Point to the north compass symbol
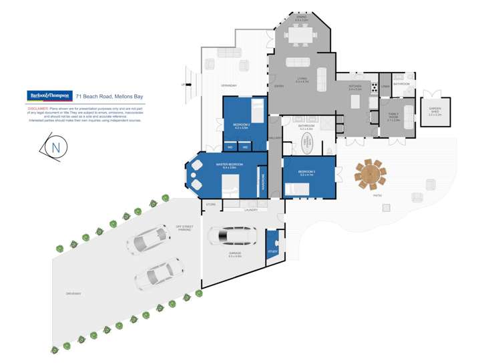(x=55, y=147)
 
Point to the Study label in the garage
(x=272, y=251)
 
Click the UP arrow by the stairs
(x=184, y=85)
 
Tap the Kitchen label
(x=354, y=86)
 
